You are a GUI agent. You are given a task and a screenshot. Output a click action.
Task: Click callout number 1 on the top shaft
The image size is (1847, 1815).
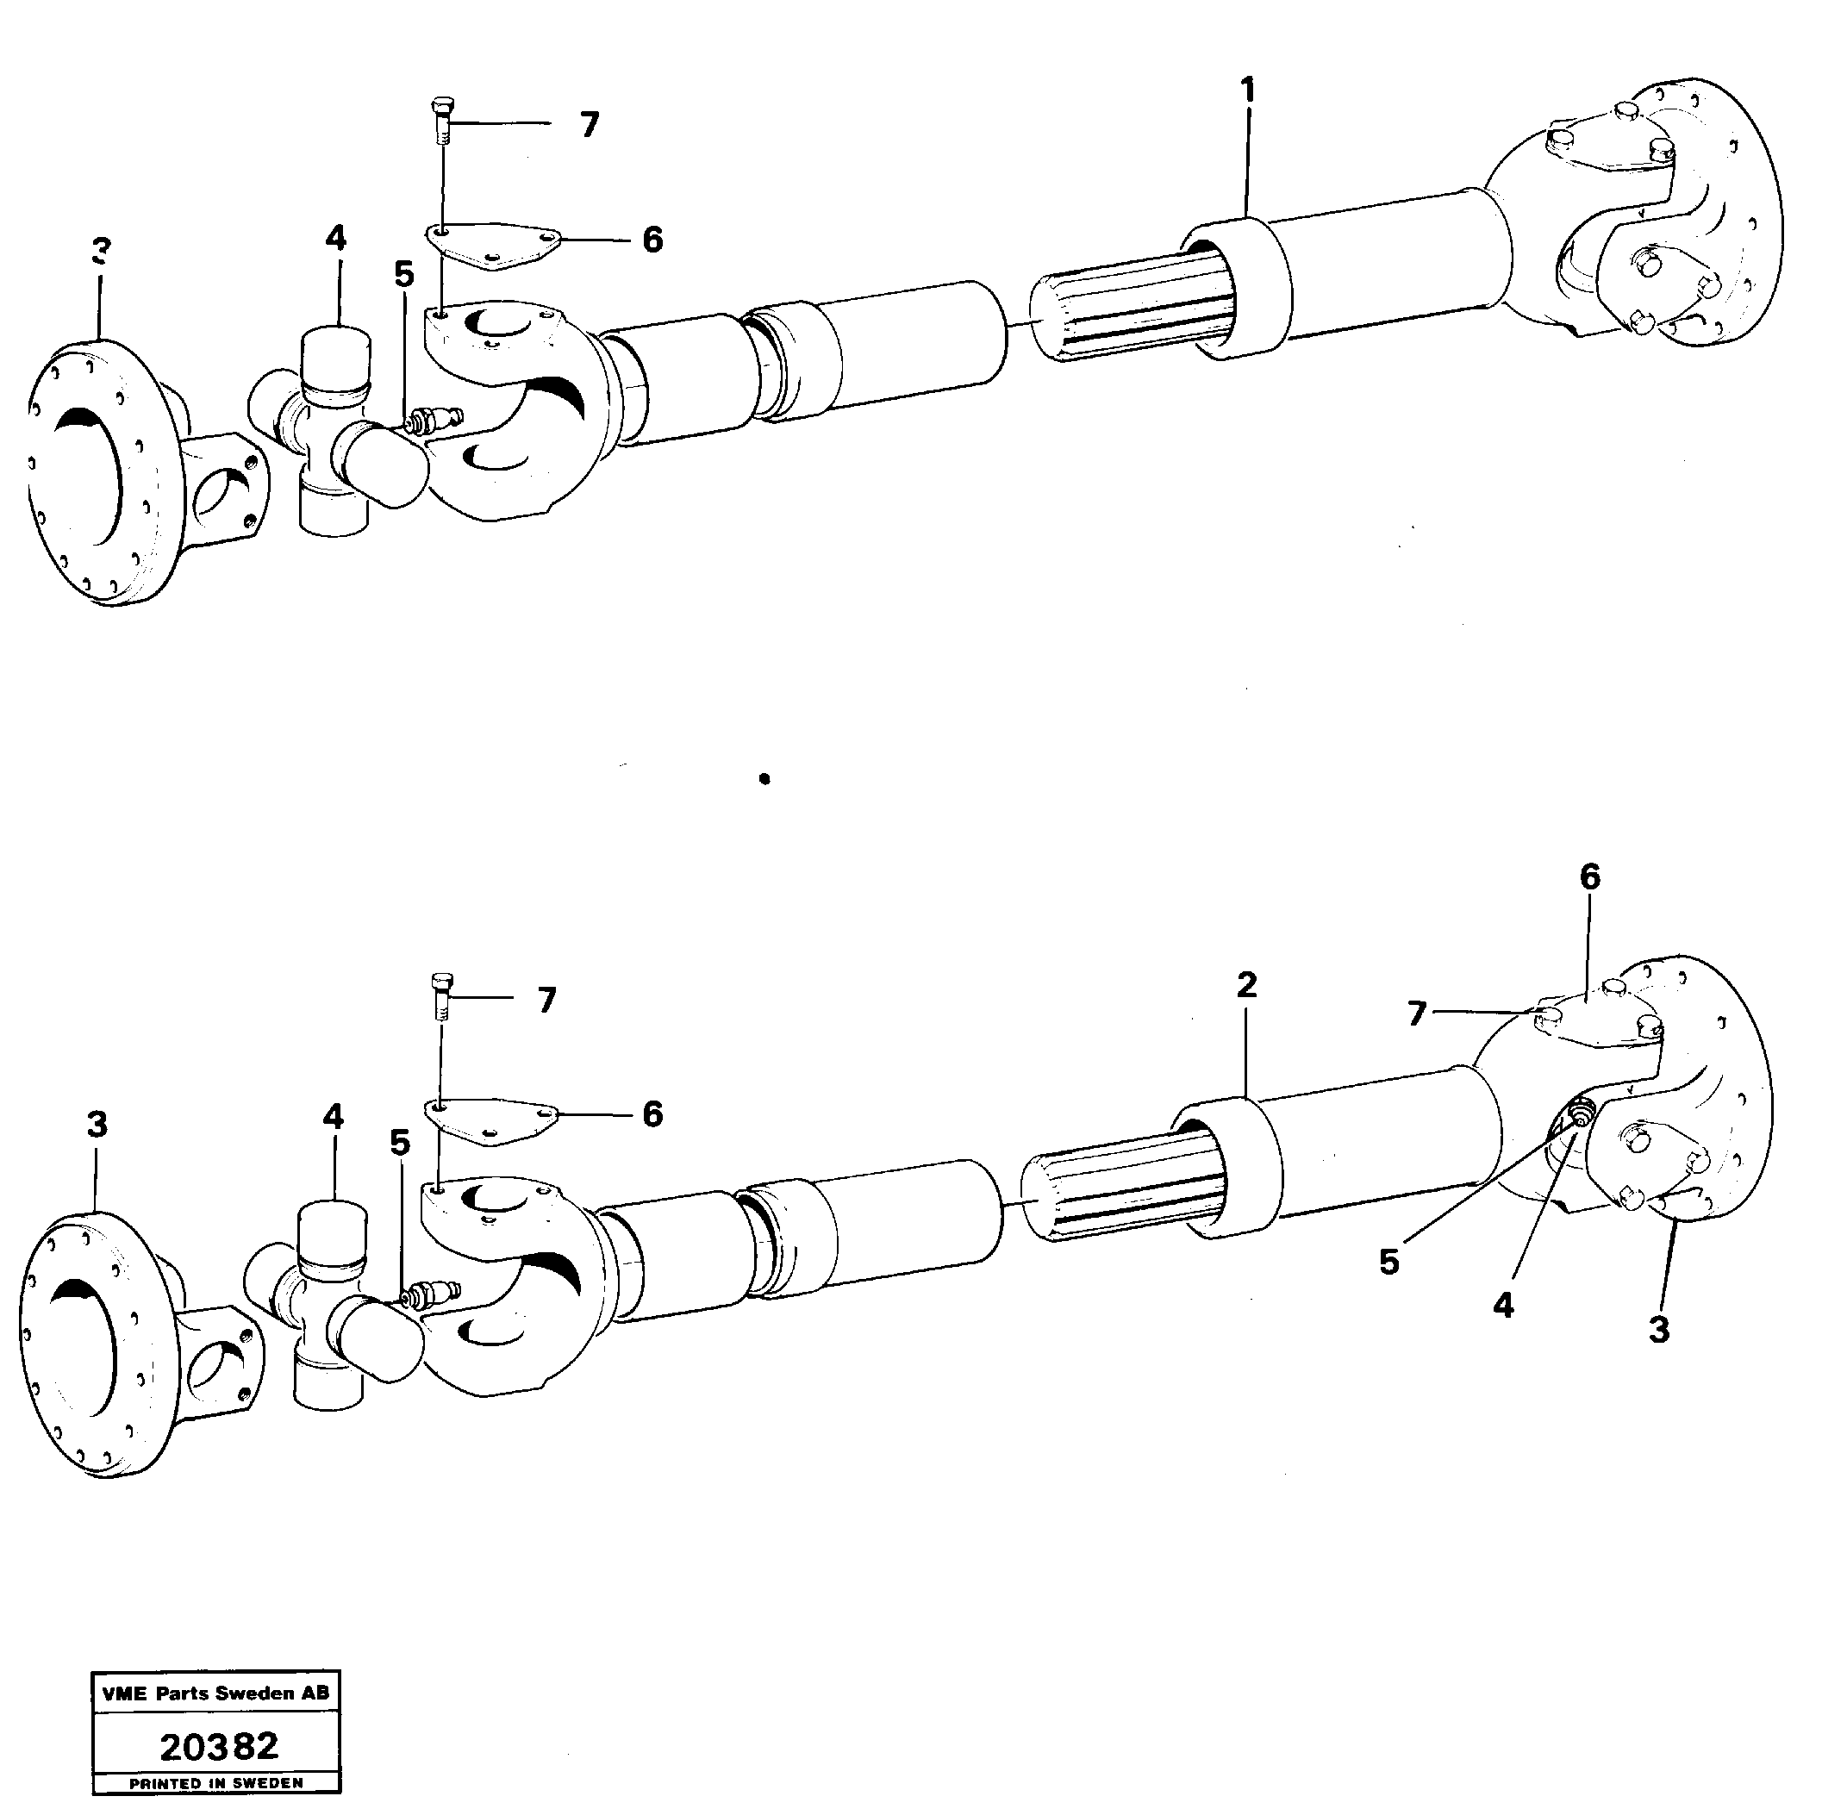click(x=1247, y=91)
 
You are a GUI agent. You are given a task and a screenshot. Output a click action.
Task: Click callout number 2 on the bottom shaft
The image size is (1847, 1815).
click(x=1246, y=985)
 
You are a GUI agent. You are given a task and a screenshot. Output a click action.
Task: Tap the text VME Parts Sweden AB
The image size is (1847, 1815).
click(x=215, y=1693)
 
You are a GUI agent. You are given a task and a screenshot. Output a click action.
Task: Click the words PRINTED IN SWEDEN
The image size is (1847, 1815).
click(x=215, y=1782)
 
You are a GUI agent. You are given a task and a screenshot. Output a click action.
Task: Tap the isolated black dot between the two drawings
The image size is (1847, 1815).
click(x=764, y=779)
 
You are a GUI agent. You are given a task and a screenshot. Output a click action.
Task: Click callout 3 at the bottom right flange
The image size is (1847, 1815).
click(x=1659, y=1330)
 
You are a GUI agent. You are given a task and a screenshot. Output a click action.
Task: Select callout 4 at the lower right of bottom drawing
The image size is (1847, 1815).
click(x=1504, y=1305)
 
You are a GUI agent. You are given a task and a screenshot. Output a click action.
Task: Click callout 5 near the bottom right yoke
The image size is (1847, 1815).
click(x=1389, y=1262)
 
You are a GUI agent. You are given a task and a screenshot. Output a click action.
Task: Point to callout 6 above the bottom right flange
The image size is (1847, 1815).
click(x=1589, y=877)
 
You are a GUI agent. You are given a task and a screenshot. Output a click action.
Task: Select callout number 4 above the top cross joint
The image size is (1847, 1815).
click(x=335, y=239)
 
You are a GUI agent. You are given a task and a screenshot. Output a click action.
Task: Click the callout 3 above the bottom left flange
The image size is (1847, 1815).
click(x=97, y=1125)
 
